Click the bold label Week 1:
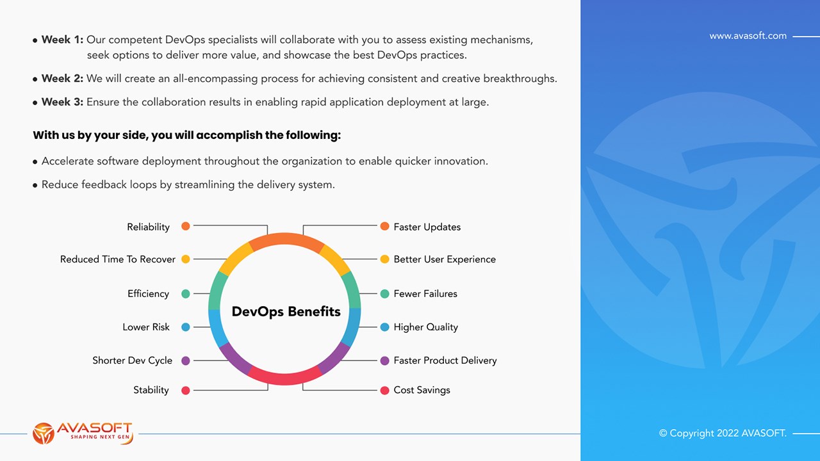62,40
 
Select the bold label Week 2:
62,78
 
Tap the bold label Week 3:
62,102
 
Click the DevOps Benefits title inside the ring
286,311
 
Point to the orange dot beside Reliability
186,226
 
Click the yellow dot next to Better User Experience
384,259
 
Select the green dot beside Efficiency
186,294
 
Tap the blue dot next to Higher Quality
384,327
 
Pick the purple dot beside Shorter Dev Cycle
186,360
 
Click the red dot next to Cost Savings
384,391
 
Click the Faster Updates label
427,227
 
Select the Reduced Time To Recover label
117,259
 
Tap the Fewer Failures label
425,293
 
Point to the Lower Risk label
145,327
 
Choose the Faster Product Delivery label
445,360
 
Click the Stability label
151,390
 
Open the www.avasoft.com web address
748,36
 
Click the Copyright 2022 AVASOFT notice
723,433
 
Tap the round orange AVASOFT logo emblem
44,433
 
